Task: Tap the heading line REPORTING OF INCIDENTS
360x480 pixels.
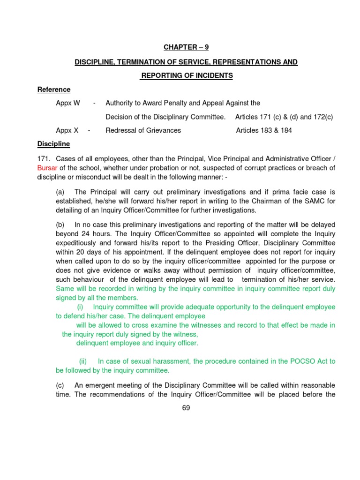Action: click(187, 75)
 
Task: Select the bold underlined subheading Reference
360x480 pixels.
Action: click(54, 90)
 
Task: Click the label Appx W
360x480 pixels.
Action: click(68, 103)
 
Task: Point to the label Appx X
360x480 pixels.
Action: click(67, 130)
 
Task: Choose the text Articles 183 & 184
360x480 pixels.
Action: click(264, 130)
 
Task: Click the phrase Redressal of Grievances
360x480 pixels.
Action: click(143, 130)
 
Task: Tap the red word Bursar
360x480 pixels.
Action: click(47, 168)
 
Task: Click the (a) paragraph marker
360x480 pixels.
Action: click(60, 192)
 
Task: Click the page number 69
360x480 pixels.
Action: click(186, 408)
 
